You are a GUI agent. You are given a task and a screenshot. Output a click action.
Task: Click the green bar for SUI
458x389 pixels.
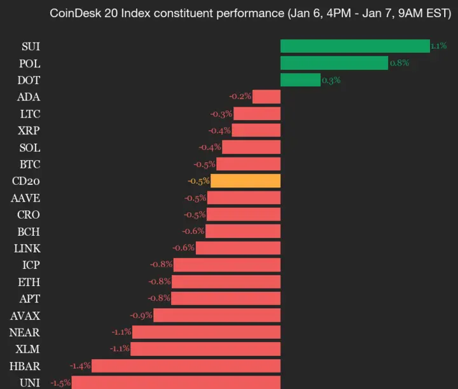pos(355,46)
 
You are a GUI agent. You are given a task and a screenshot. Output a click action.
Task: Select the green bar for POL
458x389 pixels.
pos(334,63)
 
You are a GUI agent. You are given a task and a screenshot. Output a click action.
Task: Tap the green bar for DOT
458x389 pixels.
pos(300,80)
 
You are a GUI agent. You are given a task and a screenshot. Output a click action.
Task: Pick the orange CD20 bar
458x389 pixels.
pos(246,181)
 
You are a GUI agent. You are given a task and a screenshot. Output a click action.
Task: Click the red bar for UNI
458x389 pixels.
pos(176,383)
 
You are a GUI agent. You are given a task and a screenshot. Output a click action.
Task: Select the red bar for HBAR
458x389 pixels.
pos(186,365)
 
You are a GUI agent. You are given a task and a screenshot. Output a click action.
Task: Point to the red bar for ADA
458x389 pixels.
pos(267,97)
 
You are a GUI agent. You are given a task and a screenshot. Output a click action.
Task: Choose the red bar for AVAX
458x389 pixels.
pos(217,315)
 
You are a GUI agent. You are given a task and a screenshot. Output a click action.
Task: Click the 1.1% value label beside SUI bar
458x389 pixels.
pos(438,46)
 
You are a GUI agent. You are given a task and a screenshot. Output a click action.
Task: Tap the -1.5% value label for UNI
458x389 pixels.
pos(60,383)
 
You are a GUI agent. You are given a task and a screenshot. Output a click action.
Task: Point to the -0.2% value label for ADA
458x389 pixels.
pos(240,97)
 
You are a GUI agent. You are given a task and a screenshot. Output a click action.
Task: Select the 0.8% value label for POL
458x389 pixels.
pos(399,63)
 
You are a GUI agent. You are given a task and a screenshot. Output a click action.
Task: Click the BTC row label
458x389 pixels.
pos(30,164)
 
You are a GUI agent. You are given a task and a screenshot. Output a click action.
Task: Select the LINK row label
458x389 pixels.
pos(28,248)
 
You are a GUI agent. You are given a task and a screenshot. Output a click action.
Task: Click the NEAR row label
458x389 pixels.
pos(25,332)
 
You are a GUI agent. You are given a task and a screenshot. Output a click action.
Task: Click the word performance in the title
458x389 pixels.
pos(251,12)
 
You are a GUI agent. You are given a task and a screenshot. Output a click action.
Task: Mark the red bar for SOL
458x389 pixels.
pos(251,147)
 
